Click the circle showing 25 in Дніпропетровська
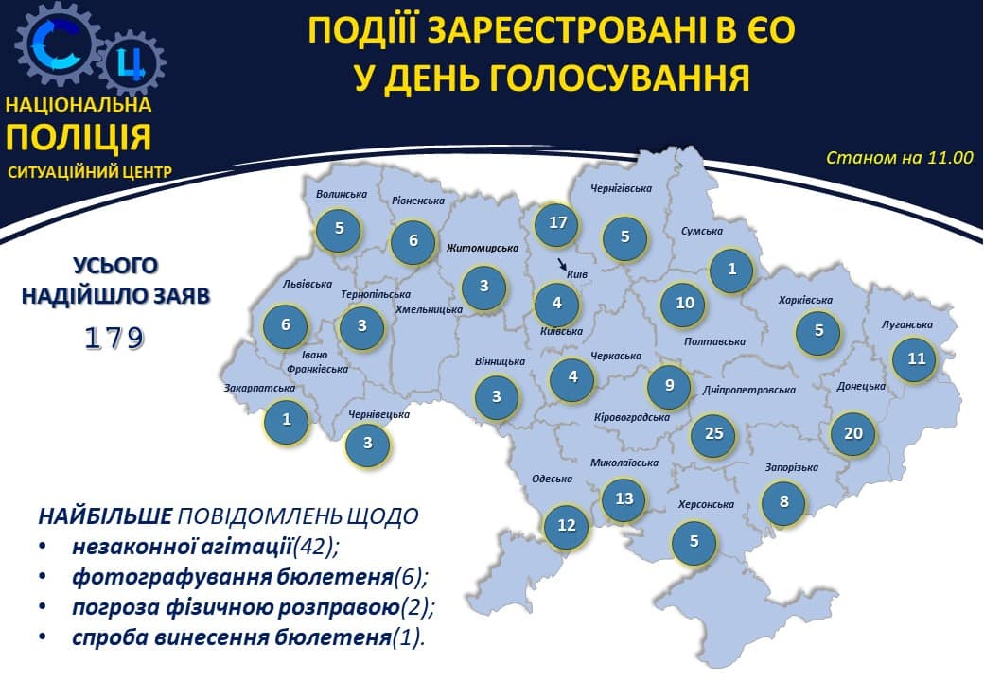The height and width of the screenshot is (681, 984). tap(713, 433)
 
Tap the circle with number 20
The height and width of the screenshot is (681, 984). tap(853, 433)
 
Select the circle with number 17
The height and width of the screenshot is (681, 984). tap(557, 223)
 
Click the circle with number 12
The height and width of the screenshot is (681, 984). tap(567, 526)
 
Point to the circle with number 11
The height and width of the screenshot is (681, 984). tap(916, 359)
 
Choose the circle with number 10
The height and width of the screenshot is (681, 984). tap(685, 304)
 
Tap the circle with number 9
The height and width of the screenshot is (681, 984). tap(670, 385)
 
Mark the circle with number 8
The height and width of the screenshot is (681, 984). tap(783, 501)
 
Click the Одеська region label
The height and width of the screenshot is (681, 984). tap(553, 479)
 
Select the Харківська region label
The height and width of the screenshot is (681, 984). tap(805, 300)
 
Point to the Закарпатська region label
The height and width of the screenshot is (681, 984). tap(259, 387)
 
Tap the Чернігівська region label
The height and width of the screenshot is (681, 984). tap(621, 188)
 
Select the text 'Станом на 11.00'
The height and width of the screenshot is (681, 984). tap(899, 158)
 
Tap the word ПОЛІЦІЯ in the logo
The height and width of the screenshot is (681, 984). tap(79, 137)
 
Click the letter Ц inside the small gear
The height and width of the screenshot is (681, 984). tap(132, 63)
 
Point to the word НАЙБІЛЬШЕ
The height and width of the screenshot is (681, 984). tap(106, 516)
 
